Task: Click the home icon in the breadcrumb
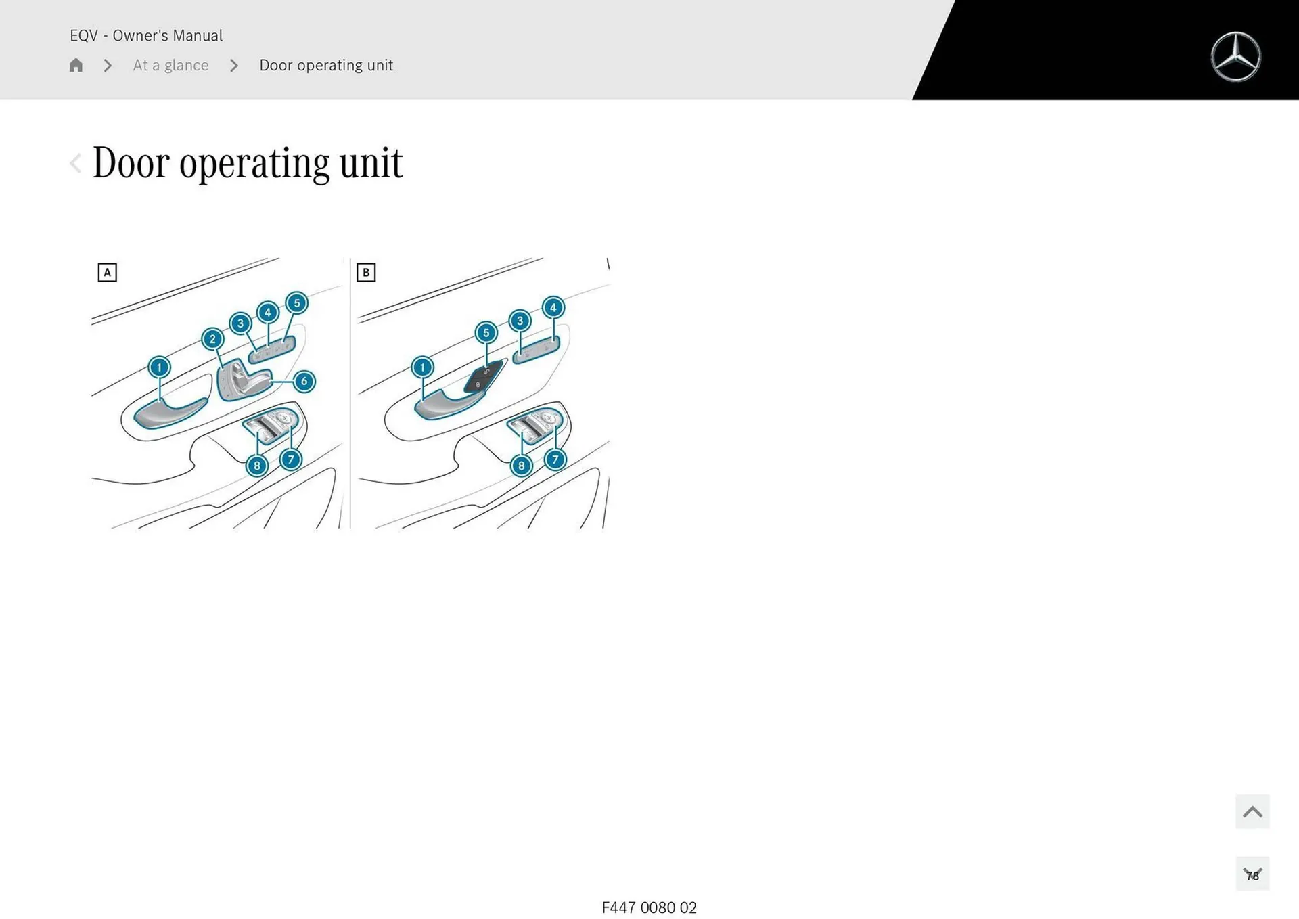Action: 76,65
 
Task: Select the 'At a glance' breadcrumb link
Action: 170,65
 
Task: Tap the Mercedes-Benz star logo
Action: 1235,57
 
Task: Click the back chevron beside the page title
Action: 76,163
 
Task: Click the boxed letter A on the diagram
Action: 107,272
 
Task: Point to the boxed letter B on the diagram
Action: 366,272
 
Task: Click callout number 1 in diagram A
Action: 159,367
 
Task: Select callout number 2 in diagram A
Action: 212,339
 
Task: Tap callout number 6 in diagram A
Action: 304,381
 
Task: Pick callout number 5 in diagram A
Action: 296,303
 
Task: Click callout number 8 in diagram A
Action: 256,466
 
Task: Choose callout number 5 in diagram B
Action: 486,333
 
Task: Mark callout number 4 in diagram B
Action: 553,308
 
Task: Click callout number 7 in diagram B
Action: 555,459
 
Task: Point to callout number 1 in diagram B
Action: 422,367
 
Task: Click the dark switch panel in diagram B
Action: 483,378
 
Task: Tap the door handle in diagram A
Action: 170,412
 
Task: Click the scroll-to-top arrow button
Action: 1252,811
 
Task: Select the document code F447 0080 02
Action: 649,907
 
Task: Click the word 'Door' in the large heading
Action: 131,163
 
